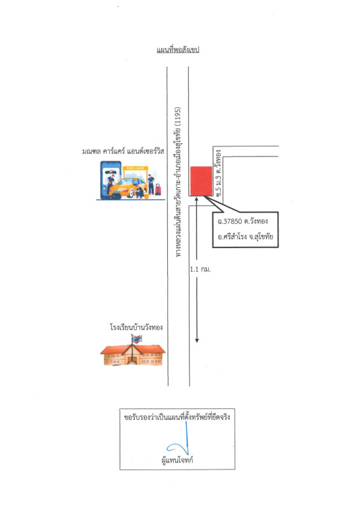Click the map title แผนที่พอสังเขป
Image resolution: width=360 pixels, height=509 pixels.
[x=177, y=50]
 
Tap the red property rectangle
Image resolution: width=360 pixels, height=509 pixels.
[x=201, y=181]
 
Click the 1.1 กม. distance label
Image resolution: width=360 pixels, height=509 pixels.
[x=200, y=269]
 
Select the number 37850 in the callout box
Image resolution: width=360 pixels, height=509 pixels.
[x=233, y=221]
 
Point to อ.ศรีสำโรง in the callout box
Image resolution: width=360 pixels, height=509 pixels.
[x=232, y=236]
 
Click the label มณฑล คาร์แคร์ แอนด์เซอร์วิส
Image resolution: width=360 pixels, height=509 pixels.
[x=123, y=151]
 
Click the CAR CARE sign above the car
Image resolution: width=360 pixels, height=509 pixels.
[x=135, y=168]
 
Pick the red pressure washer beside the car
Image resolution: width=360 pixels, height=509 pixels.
[x=158, y=189]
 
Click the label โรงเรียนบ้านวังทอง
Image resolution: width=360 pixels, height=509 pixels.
[x=136, y=327]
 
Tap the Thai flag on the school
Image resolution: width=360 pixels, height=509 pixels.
[x=137, y=339]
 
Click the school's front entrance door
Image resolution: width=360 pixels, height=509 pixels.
[x=132, y=359]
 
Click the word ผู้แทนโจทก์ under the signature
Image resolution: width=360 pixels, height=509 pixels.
[x=177, y=459]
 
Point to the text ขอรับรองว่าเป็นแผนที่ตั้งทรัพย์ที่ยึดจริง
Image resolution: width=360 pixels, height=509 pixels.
[x=177, y=417]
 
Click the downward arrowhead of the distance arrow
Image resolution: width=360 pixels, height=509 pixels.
[x=197, y=340]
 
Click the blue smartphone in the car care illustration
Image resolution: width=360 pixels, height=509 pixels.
[x=111, y=180]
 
